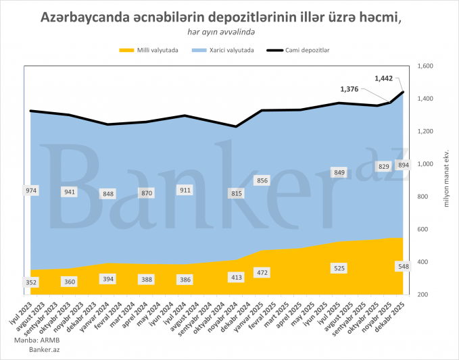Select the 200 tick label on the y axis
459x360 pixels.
(x=422, y=294)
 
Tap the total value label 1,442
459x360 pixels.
(x=383, y=78)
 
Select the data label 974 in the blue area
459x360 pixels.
(x=31, y=191)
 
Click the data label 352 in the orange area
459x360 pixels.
(x=31, y=282)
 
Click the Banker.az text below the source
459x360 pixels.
(x=28, y=350)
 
